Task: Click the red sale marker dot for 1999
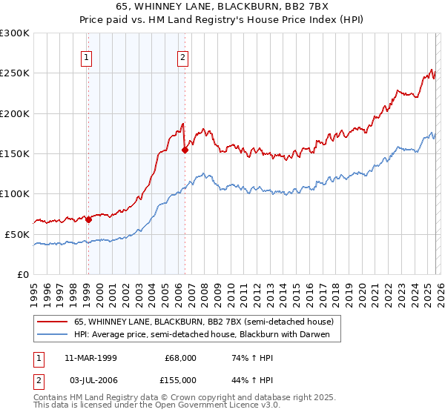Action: pos(88,219)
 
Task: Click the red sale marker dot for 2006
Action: pos(185,150)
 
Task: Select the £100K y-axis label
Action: pos(15,193)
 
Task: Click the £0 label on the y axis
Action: pos(22,274)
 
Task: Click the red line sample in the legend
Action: pos(53,322)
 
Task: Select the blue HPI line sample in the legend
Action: pos(53,335)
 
